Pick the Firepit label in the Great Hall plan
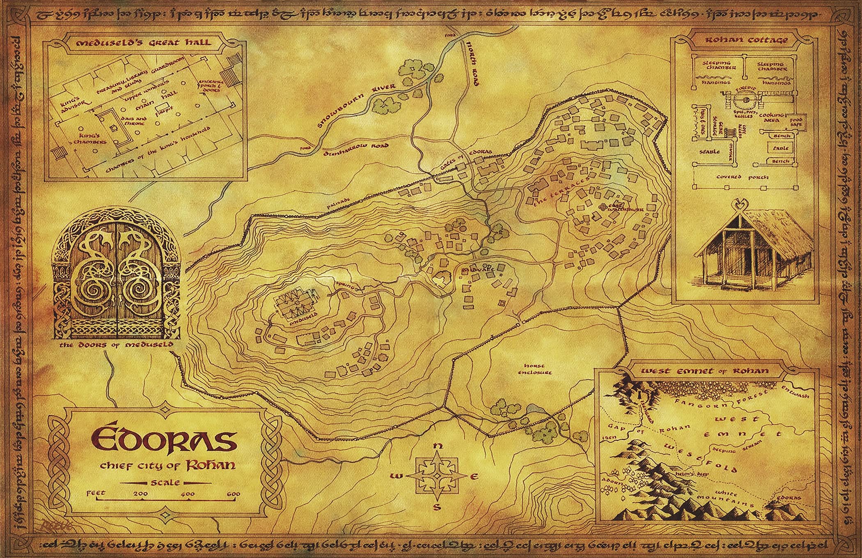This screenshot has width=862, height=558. [x=163, y=110]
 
